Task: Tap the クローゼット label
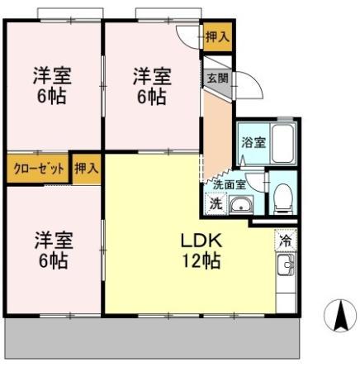pos(38,169)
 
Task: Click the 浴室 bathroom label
pos(252,142)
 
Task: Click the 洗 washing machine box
pos(215,204)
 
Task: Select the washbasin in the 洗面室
pos(241,205)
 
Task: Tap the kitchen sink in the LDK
pos(286,266)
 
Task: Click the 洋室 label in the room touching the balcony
pos(53,241)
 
